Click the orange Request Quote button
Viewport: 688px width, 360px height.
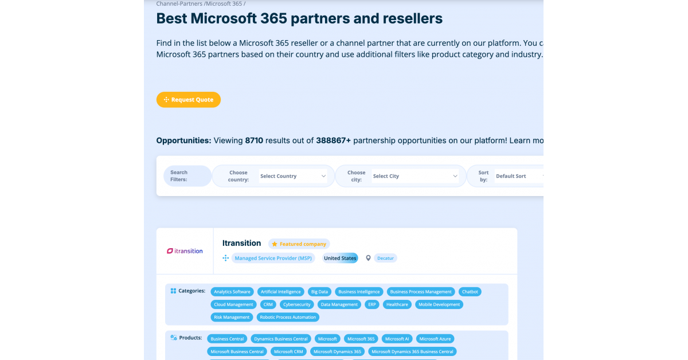188,100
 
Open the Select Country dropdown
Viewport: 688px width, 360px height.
293,176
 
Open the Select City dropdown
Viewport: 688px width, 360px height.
415,176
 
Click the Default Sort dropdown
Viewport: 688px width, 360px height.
519,176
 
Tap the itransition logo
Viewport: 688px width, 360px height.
185,251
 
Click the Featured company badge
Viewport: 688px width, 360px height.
299,244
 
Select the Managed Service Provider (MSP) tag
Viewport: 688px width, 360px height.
273,258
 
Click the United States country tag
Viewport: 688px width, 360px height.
340,258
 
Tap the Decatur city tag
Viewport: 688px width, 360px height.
385,258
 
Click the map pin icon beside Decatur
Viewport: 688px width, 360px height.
368,258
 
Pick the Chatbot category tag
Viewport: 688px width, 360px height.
470,292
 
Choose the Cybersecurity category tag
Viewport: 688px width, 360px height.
297,304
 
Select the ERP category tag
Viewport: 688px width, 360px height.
372,304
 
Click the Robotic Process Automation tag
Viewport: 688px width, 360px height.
288,317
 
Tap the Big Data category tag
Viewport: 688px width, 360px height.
319,292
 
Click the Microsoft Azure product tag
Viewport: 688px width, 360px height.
435,339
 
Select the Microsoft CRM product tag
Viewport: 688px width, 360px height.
288,351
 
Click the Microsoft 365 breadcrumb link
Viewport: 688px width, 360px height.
224,3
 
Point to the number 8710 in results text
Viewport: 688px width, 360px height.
254,140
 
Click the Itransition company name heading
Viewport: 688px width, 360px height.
242,243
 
